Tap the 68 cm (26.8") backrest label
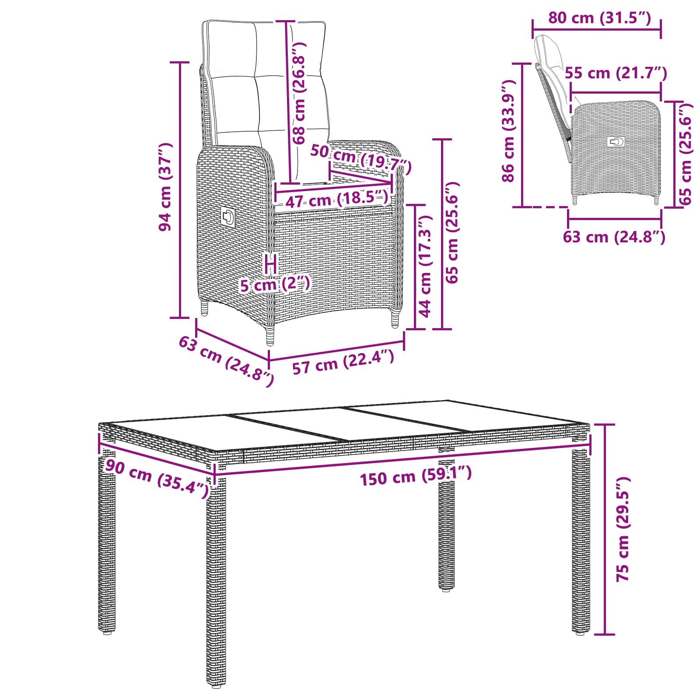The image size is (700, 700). coord(299,93)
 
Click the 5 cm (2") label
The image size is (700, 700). coord(275,284)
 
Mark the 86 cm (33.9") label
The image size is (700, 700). coord(508,131)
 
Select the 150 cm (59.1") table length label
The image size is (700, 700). coord(416,476)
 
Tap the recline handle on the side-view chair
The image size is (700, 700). coord(616,142)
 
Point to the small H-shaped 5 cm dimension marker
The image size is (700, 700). coord(271,263)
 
